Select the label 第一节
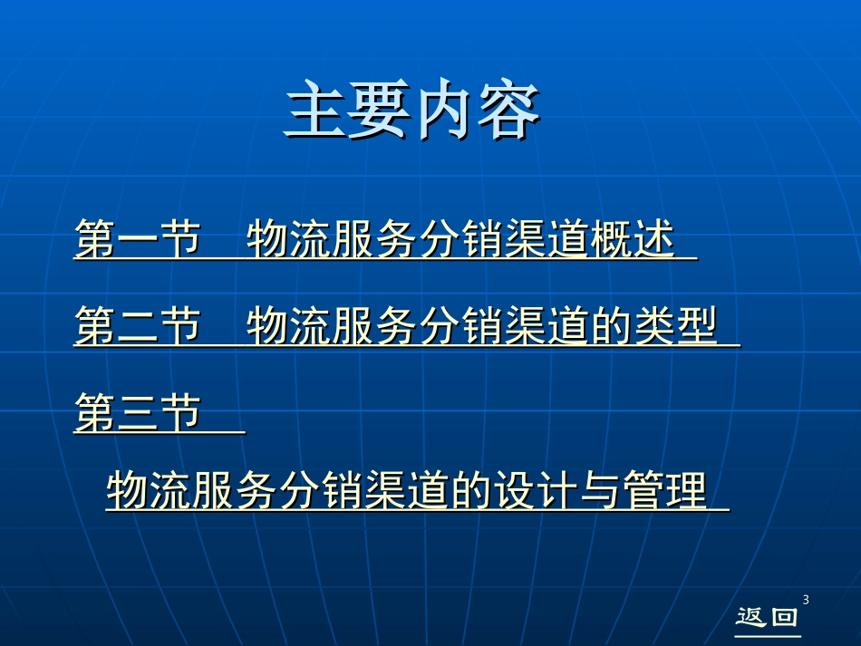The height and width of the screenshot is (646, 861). click(136, 241)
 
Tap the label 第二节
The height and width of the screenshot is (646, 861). click(136, 326)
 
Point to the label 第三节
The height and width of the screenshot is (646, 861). click(136, 413)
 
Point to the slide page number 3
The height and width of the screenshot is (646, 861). click(806, 600)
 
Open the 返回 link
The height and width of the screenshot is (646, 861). click(767, 618)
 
